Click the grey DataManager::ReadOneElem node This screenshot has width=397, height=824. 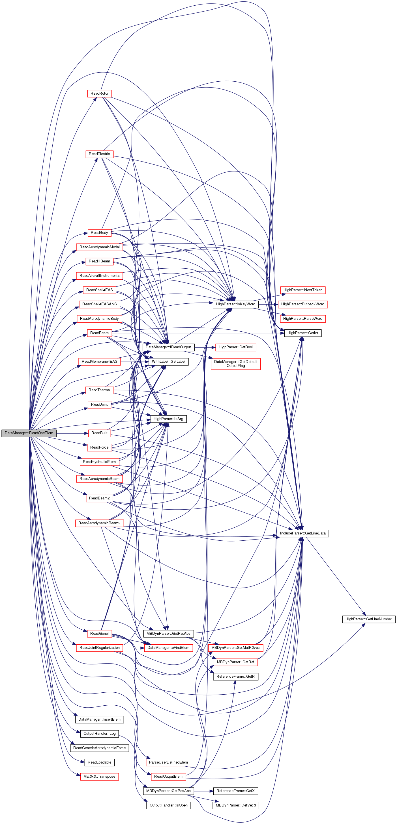tap(29, 433)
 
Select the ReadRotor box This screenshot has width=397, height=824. tap(99, 94)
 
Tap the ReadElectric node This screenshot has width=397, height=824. tap(99, 154)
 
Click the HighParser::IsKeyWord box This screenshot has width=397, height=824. tap(235, 304)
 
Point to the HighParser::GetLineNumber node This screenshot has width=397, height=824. tap(368, 619)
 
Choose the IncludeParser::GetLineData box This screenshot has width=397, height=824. tap(302, 533)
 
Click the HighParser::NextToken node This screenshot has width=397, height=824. tap(302, 290)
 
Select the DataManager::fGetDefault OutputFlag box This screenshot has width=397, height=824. tap(235, 364)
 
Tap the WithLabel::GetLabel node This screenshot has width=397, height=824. tap(169, 362)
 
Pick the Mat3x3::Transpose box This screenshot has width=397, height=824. tap(99, 776)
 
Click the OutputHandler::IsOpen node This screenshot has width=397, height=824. tap(169, 805)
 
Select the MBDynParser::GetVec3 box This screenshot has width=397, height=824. tap(235, 805)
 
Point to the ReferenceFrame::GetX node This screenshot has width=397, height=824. tap(235, 791)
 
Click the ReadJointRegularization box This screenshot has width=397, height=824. tap(99, 647)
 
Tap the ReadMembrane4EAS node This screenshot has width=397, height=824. tap(99, 362)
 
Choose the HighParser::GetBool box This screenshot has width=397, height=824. tap(235, 347)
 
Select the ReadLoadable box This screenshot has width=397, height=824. tap(99, 762)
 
